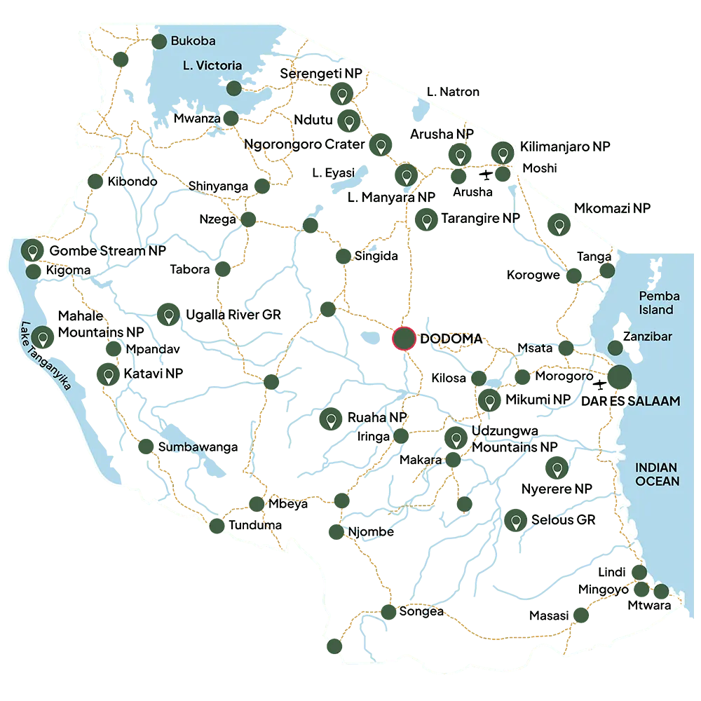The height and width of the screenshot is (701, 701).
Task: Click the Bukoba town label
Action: [x=193, y=41]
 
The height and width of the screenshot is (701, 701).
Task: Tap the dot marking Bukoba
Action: [x=160, y=41]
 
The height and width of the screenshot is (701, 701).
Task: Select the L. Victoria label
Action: [x=209, y=66]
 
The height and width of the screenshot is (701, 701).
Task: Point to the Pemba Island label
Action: [x=656, y=303]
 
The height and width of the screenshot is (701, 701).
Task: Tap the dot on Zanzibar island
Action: [x=615, y=347]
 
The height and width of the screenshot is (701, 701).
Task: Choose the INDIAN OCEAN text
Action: [x=657, y=474]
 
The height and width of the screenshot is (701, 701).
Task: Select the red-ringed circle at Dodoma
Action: [x=404, y=339]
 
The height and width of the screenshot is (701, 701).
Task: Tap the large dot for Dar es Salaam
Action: [x=618, y=378]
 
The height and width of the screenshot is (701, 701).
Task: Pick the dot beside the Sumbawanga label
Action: [x=146, y=447]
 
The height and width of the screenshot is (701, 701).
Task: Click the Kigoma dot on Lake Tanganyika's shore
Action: [x=33, y=271]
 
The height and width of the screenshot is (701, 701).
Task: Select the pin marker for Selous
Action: [x=516, y=521]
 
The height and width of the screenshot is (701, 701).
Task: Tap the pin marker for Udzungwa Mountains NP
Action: [x=456, y=440]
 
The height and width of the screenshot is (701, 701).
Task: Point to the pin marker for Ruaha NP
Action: [x=329, y=420]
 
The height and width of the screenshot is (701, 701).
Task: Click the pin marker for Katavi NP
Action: [x=108, y=375]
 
